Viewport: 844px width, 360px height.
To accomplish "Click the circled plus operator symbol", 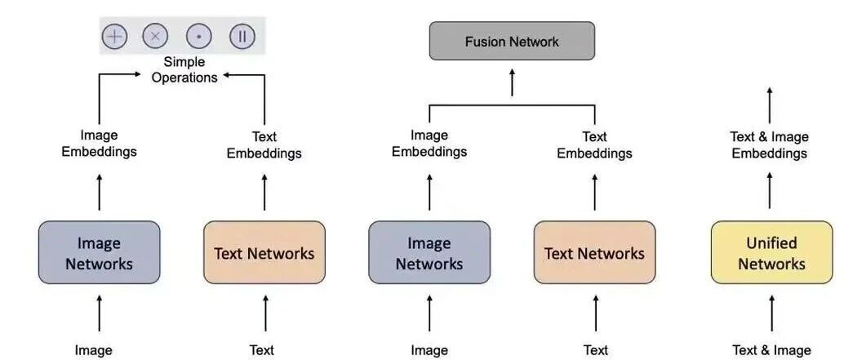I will pos(114,36).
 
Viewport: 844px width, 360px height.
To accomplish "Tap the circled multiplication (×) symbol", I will pos(155,36).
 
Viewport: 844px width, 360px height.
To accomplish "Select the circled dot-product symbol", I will pos(198,36).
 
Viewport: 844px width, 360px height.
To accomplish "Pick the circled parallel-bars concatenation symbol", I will pos(242,36).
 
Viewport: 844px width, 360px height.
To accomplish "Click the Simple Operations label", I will pos(184,69).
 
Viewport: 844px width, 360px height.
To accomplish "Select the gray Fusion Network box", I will pos(512,41).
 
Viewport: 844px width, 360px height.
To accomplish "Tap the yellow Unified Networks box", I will pos(771,253).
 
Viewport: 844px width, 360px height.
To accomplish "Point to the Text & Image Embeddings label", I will pos(769,144).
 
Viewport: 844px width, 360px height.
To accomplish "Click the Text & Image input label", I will pos(771,350).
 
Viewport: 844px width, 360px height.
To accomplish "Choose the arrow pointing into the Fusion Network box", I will pos(512,82).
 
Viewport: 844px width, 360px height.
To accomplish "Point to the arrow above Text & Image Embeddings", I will pos(770,104).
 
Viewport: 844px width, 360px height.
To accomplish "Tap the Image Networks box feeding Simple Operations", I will pos(99,253).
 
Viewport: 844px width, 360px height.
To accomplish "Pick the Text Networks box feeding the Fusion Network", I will pos(594,253).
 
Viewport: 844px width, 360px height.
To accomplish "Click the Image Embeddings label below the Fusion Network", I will pos(429,144).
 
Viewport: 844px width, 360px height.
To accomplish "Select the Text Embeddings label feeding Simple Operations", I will pos(264,145).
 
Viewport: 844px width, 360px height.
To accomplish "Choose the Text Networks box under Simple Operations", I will pos(264,253).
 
